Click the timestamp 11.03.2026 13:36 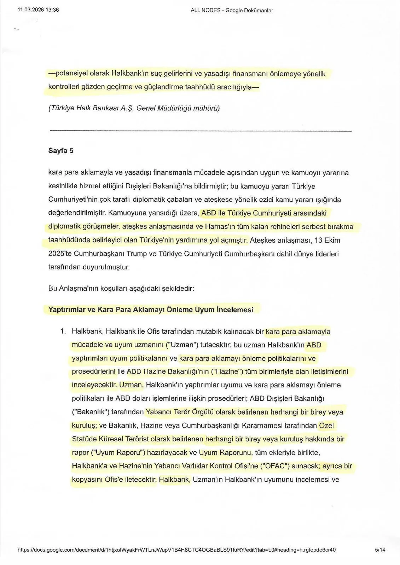(x=38, y=10)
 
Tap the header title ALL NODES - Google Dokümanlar (x=232, y=10)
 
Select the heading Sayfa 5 (x=61, y=151)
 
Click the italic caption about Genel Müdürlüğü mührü (x=134, y=108)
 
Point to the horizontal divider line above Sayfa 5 (x=201, y=131)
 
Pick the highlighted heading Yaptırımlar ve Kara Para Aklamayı (x=151, y=310)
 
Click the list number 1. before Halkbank (x=63, y=332)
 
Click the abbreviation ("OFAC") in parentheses (x=275, y=466)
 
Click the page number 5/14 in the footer (x=380, y=550)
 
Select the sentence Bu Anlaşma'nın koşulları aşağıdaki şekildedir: (x=121, y=288)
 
